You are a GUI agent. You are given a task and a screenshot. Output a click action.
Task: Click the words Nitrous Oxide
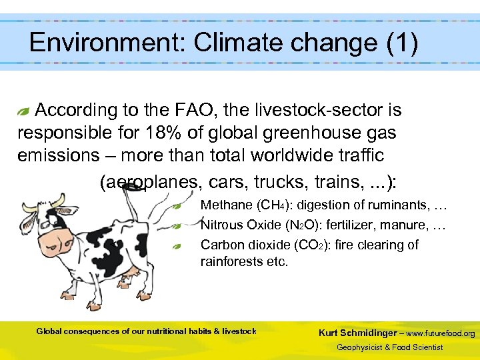point(243,225)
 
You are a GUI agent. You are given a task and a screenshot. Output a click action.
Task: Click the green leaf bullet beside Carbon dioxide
point(177,246)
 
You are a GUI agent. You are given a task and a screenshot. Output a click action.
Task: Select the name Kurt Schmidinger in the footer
point(359,333)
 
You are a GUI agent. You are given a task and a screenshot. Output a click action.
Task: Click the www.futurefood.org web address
point(441,333)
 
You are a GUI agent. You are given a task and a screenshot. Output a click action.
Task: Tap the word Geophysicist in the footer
point(361,347)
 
